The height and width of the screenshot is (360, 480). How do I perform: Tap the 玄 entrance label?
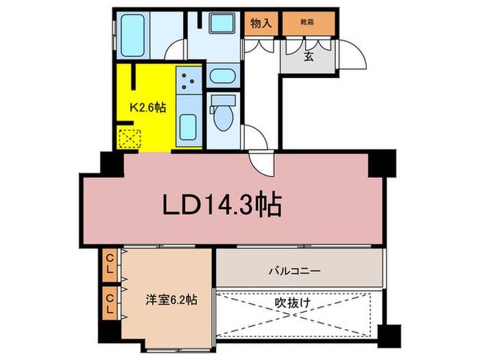pos(309,56)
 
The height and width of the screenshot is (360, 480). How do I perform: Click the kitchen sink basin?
pos(189,127)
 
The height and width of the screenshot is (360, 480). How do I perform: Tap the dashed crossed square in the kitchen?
pos(128,139)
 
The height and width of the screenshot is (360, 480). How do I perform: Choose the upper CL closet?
pos(110,263)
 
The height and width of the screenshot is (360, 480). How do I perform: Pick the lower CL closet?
pos(110,302)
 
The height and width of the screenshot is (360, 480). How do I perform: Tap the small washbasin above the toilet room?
pos(222,75)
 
